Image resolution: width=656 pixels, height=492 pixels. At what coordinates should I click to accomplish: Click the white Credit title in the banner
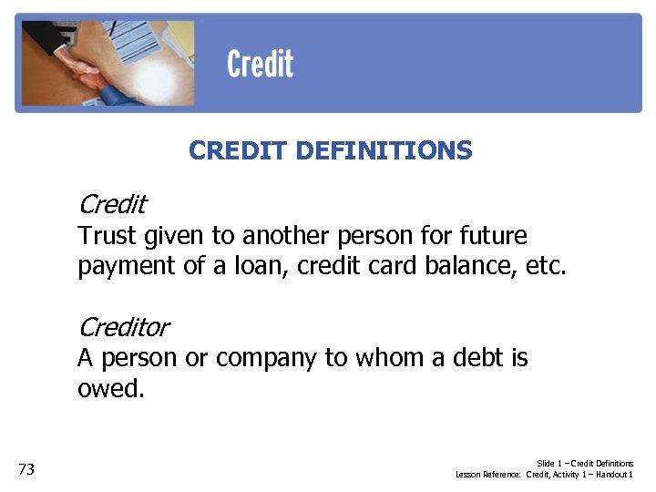click(x=260, y=65)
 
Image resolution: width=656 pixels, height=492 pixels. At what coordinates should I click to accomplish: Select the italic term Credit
click(x=112, y=203)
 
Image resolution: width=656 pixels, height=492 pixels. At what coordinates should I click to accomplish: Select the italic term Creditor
click(x=124, y=325)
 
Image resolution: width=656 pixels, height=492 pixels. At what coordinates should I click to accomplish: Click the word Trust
click(x=106, y=236)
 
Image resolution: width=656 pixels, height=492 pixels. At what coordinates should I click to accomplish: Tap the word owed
click(x=110, y=389)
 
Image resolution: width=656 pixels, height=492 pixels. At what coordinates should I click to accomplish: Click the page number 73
click(x=26, y=469)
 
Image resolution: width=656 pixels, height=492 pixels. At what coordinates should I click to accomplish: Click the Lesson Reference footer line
click(x=544, y=475)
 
